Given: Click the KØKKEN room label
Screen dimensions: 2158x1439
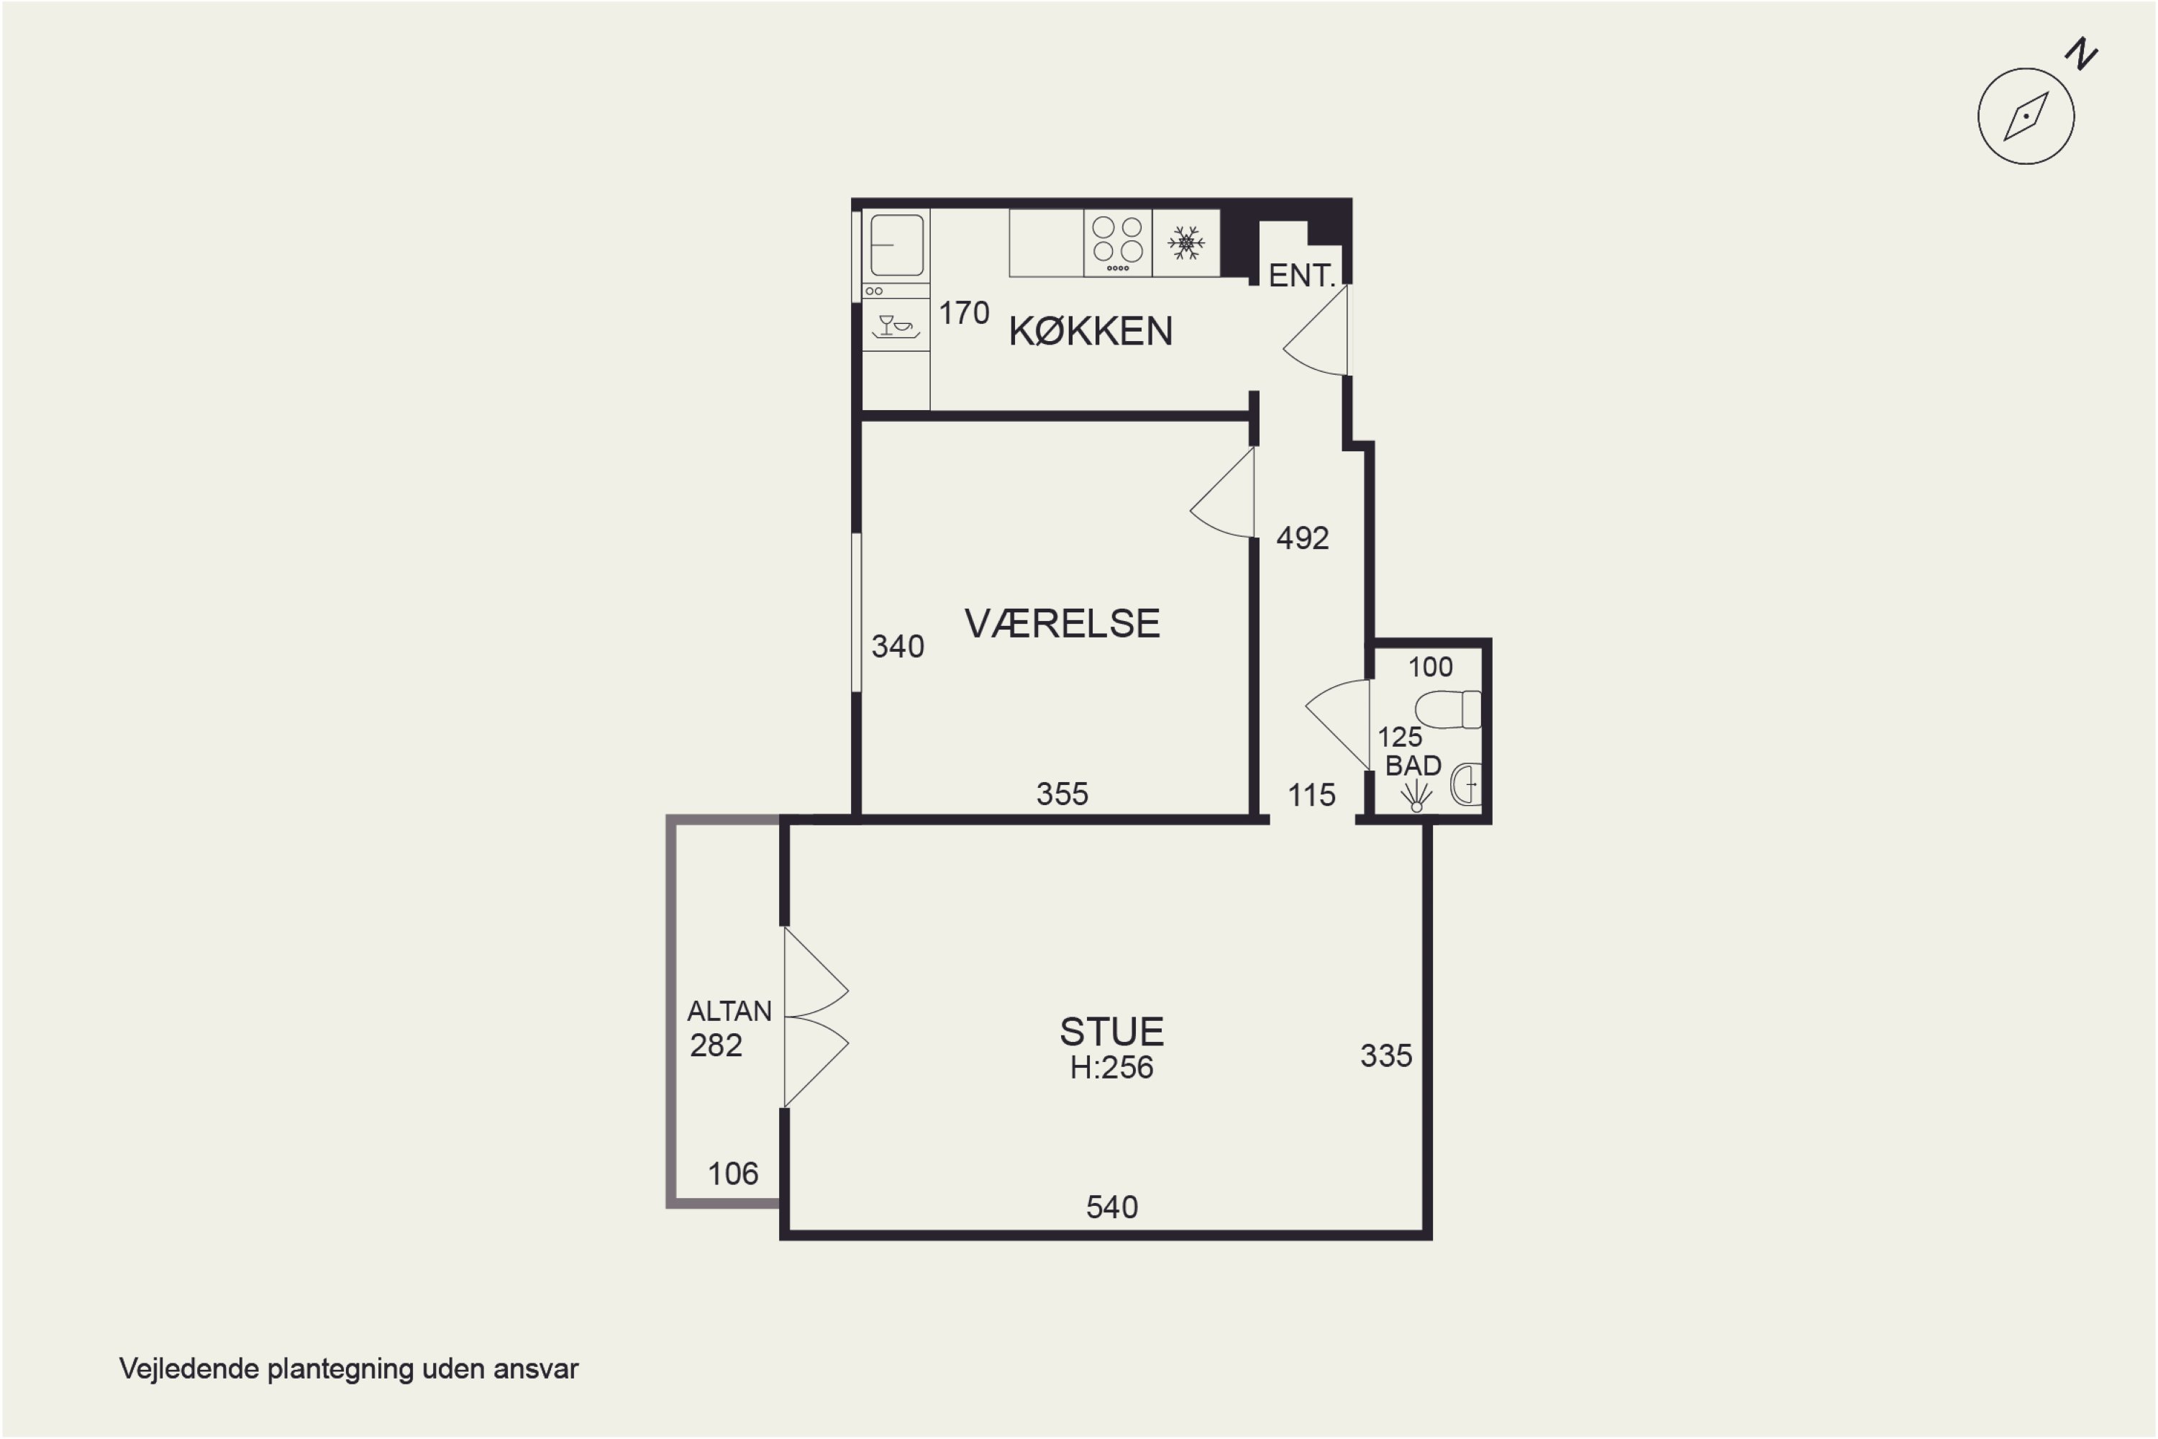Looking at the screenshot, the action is click(x=1091, y=331).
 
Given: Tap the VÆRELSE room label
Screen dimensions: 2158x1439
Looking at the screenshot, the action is click(x=1062, y=624).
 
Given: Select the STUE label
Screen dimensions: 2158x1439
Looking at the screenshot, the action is click(x=1112, y=1032).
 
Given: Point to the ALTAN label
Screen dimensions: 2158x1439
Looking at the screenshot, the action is click(x=729, y=1012).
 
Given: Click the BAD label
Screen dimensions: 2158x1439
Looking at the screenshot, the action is click(x=1413, y=766).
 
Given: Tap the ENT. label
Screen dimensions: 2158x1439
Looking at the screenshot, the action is click(x=1302, y=276).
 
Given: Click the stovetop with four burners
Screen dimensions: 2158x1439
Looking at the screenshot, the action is click(x=1118, y=242).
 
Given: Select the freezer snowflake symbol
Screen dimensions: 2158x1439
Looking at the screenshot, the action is click(x=1186, y=243).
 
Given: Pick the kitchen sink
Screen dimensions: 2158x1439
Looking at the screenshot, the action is click(x=896, y=245).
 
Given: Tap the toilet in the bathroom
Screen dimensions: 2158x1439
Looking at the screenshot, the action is click(x=1448, y=709).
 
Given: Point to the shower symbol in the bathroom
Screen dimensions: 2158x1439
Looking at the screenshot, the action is click(x=1416, y=796).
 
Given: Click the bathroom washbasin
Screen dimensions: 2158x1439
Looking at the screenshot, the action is click(x=1465, y=785).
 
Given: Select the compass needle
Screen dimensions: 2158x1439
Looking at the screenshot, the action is click(x=2026, y=117).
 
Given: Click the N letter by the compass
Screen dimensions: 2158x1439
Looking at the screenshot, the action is click(x=2082, y=54).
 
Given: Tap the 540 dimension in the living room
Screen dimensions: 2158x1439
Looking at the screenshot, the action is click(x=1112, y=1207).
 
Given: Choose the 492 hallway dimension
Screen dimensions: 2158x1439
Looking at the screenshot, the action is click(x=1302, y=537).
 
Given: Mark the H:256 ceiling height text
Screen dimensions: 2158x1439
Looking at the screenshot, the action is click(x=1112, y=1067).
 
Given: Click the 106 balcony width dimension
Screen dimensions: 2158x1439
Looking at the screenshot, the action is click(x=733, y=1174).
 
